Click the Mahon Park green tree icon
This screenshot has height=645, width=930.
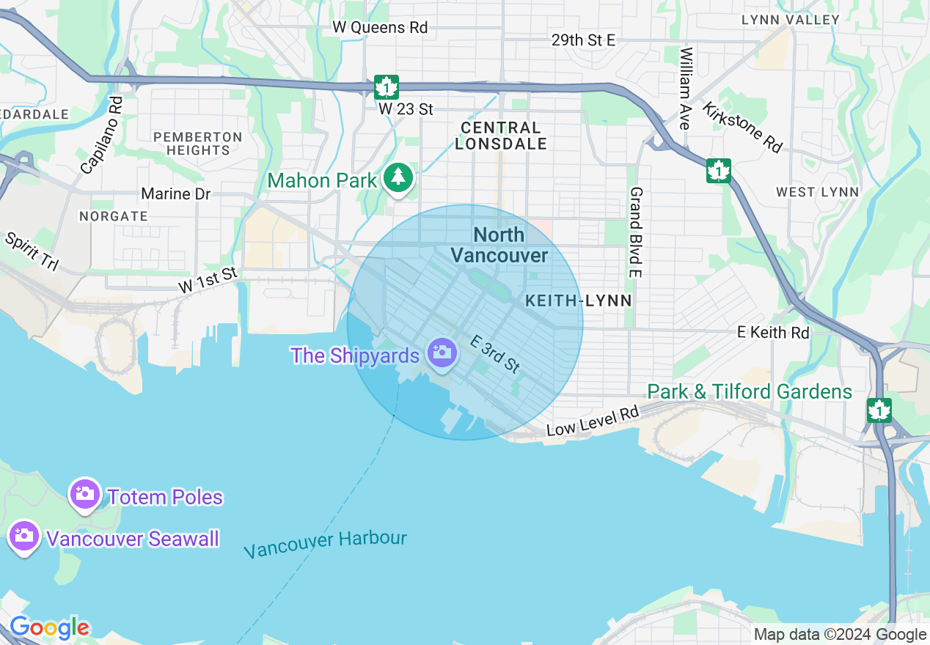click(x=398, y=177)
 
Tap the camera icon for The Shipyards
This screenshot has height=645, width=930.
click(x=442, y=353)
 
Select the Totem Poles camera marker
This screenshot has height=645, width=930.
click(x=85, y=494)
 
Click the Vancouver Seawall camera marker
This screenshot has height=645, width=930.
click(x=24, y=536)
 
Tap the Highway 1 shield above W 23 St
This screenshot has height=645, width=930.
click(x=386, y=86)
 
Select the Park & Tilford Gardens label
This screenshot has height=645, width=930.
click(x=750, y=392)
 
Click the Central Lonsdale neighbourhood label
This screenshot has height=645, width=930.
click(x=501, y=136)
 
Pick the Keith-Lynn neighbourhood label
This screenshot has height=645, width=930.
click(x=579, y=301)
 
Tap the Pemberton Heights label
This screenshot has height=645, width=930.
click(x=198, y=143)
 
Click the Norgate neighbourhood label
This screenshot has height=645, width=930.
click(x=114, y=216)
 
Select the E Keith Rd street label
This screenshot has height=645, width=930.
click(x=773, y=332)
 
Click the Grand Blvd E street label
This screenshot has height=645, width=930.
click(x=636, y=232)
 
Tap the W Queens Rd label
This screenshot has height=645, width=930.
click(x=380, y=27)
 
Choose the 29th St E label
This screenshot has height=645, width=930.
click(x=583, y=40)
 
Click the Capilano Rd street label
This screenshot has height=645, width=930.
click(x=102, y=135)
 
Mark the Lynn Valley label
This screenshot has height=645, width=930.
click(x=790, y=20)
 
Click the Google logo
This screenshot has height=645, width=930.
click(x=49, y=628)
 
